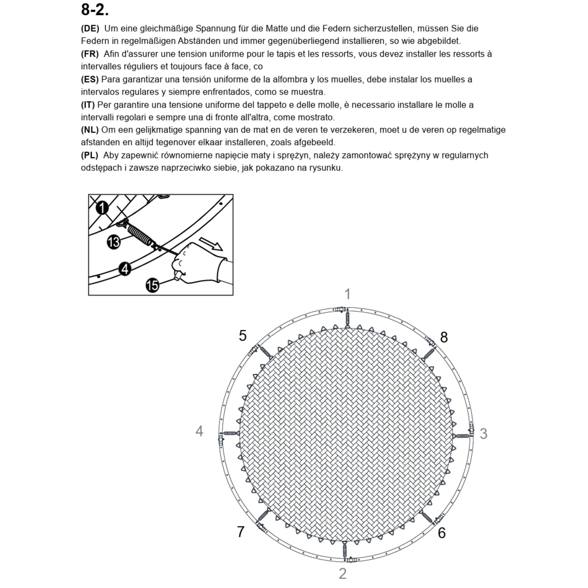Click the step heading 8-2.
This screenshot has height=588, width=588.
[x=95, y=10]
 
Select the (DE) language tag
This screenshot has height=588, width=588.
[x=90, y=29]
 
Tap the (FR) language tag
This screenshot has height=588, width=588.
[x=90, y=54]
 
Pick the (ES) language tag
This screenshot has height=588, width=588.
[x=90, y=80]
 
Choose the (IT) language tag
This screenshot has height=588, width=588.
[x=88, y=105]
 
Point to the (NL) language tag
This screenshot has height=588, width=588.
[x=90, y=130]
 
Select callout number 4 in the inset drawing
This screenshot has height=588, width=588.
[x=125, y=269]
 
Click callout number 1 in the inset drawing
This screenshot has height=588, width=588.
[x=102, y=208]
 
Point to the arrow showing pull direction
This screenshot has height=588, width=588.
[x=211, y=244]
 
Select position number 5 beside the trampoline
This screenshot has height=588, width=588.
[x=242, y=336]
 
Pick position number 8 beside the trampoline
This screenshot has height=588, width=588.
[x=444, y=337]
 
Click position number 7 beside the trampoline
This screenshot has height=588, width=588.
[x=241, y=532]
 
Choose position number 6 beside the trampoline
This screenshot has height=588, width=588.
[x=442, y=533]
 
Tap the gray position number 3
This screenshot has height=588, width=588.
[x=484, y=434]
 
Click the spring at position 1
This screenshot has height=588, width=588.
[x=347, y=320]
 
